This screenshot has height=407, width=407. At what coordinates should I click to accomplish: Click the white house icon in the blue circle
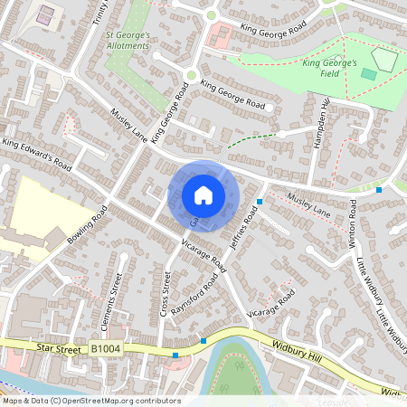[203, 194]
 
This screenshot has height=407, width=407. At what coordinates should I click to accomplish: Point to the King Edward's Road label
[37, 155]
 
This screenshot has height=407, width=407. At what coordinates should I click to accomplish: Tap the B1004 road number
[106, 347]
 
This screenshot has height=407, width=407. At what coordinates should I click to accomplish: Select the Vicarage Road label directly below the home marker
[203, 253]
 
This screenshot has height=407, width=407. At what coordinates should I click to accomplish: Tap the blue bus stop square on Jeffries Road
[260, 201]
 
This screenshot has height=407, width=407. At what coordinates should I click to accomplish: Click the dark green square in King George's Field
[370, 73]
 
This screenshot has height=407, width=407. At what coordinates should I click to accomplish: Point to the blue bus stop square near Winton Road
[378, 190]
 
